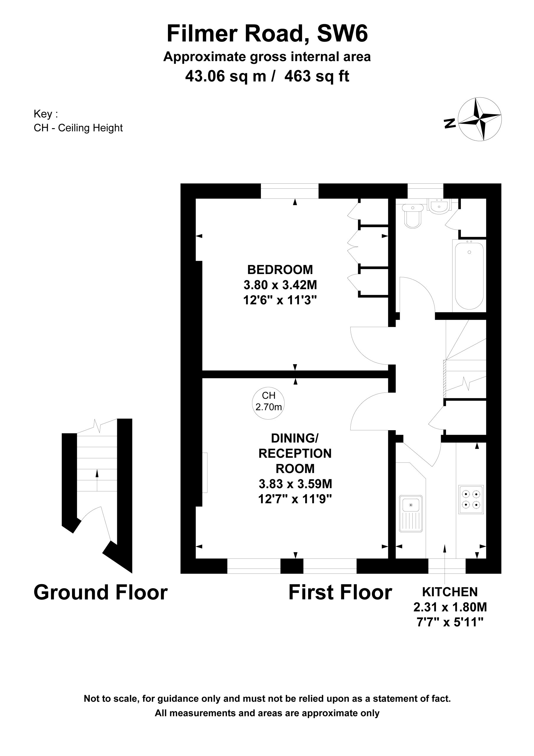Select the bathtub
tap(469, 276)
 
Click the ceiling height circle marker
tap(268, 403)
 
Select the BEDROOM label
tap(280, 270)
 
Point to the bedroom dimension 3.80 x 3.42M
tap(280, 285)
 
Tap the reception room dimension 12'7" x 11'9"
tap(295, 499)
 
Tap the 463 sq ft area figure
tap(317, 76)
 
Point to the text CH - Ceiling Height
tap(78, 128)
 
